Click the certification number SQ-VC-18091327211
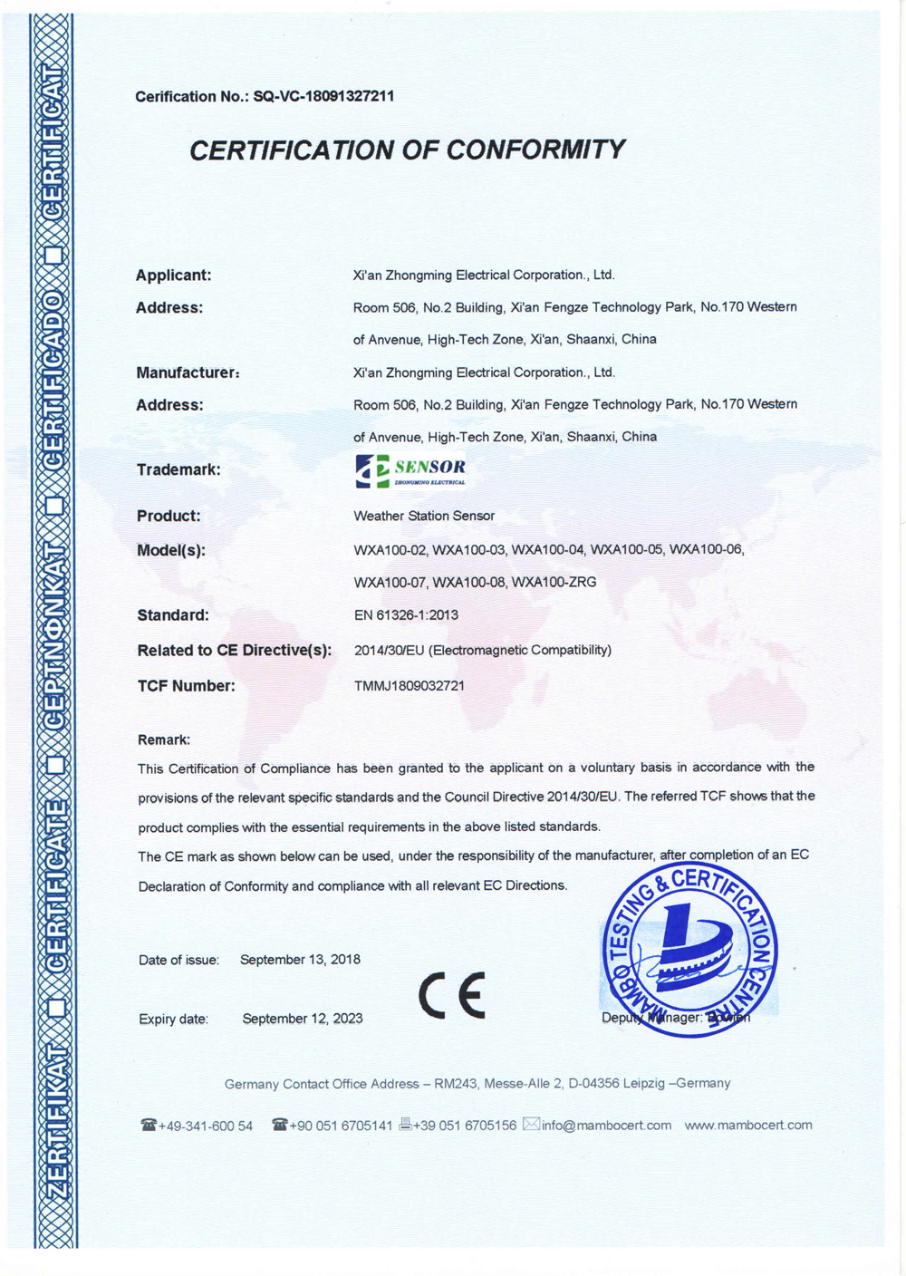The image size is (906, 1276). tap(323, 96)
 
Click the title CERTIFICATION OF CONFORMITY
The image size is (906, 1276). tap(407, 150)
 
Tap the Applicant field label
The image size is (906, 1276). tap(173, 275)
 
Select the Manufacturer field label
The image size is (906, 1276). tap(188, 372)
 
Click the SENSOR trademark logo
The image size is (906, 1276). tap(410, 470)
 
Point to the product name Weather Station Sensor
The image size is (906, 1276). tap(424, 516)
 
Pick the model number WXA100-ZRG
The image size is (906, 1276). tap(554, 582)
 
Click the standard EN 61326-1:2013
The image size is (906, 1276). tap(406, 614)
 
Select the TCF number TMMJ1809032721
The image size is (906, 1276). tap(410, 686)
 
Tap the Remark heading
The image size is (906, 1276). tap(164, 739)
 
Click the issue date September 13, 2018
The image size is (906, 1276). tap(300, 959)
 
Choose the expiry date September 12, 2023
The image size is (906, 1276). tap(303, 1019)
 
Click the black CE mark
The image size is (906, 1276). tap(452, 995)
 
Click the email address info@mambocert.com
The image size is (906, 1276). tap(606, 1125)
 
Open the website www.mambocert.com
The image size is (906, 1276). tap(748, 1125)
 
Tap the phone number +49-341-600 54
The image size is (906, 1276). tap(205, 1126)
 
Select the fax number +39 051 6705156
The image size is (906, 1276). tap(464, 1125)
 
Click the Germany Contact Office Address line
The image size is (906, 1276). tap(477, 1083)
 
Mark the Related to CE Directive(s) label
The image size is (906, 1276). tap(235, 650)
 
